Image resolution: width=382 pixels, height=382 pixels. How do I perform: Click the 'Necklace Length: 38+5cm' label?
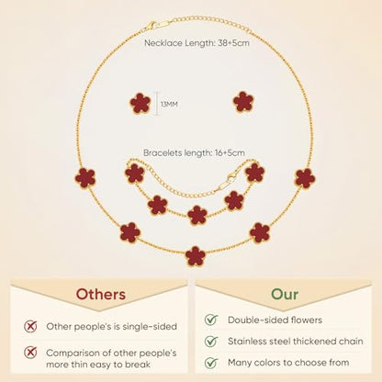[x=197, y=43]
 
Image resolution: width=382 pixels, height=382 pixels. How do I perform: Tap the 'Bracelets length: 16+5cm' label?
[x=194, y=152]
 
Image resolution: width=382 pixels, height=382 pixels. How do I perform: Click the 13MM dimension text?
[x=169, y=104]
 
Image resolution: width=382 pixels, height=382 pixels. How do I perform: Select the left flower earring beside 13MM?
[x=140, y=104]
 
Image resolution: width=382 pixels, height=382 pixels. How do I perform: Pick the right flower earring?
[x=243, y=102]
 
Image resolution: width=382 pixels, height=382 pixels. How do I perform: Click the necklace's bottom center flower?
[x=196, y=256]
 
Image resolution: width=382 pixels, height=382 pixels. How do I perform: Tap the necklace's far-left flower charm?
[x=85, y=177]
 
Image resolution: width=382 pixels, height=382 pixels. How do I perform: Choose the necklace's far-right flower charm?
[x=305, y=178]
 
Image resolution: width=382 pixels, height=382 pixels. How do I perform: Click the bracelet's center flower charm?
[x=197, y=215]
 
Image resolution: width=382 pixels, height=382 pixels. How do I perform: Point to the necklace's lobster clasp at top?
[x=151, y=26]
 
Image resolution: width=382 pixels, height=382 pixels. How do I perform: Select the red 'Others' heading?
[x=101, y=294]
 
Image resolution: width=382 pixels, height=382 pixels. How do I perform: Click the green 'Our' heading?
[x=285, y=294]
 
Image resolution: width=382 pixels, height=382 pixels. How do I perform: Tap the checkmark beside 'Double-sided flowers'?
[x=211, y=320]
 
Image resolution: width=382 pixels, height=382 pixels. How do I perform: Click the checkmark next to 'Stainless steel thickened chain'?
[x=211, y=341]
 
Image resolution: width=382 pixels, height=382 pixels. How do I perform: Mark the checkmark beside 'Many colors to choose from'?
[x=211, y=363]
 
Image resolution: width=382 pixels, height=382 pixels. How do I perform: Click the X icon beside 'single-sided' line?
[x=30, y=326]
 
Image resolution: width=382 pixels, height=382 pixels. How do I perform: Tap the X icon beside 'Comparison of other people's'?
[x=30, y=353]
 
